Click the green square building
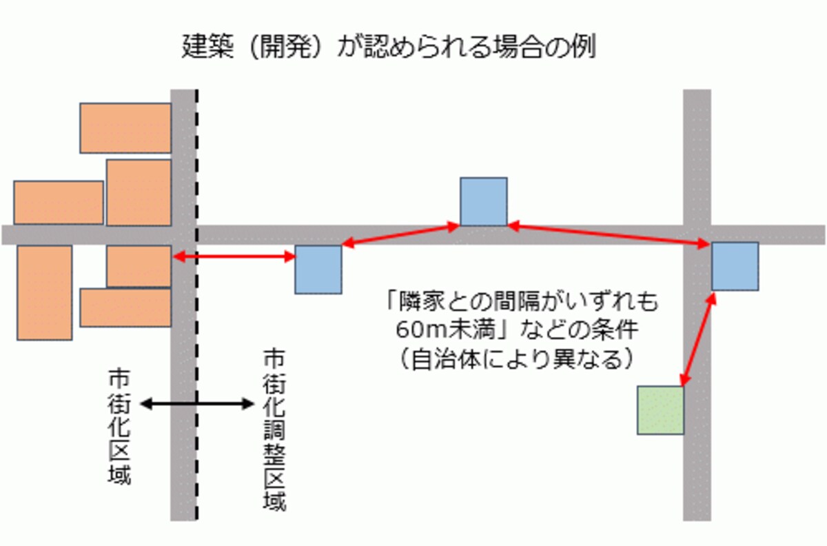click(660, 410)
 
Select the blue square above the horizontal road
click(484, 201)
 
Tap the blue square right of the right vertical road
click(735, 266)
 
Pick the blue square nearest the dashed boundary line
click(318, 270)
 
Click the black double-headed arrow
click(198, 404)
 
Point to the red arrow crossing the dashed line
click(234, 256)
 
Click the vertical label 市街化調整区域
click(274, 430)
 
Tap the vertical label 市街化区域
click(119, 426)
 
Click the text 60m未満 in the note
click(445, 330)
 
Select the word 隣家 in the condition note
click(421, 301)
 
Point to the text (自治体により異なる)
click(516, 358)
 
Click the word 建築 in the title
click(208, 47)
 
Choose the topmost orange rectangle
click(125, 128)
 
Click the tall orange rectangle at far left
click(45, 292)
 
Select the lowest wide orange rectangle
click(125, 307)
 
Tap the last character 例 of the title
click(583, 47)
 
